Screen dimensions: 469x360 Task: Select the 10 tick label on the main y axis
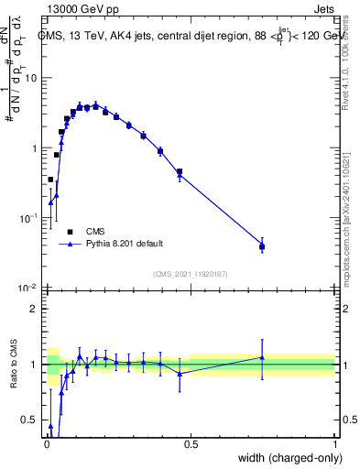(30, 78)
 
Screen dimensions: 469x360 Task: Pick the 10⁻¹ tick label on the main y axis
(28, 218)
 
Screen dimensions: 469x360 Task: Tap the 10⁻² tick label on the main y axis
(28, 289)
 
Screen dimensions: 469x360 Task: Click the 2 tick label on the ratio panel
(34, 309)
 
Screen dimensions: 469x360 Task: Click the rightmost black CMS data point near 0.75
(262, 246)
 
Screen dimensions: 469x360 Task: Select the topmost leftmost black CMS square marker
(50, 180)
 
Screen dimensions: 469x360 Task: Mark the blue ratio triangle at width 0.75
(262, 357)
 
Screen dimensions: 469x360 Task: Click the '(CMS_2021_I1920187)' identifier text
(190, 273)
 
